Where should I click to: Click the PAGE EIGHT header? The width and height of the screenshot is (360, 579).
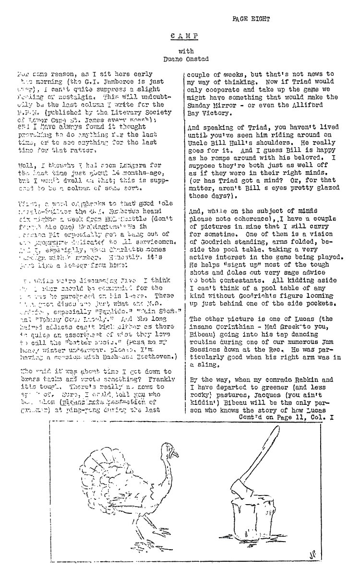click(251, 19)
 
